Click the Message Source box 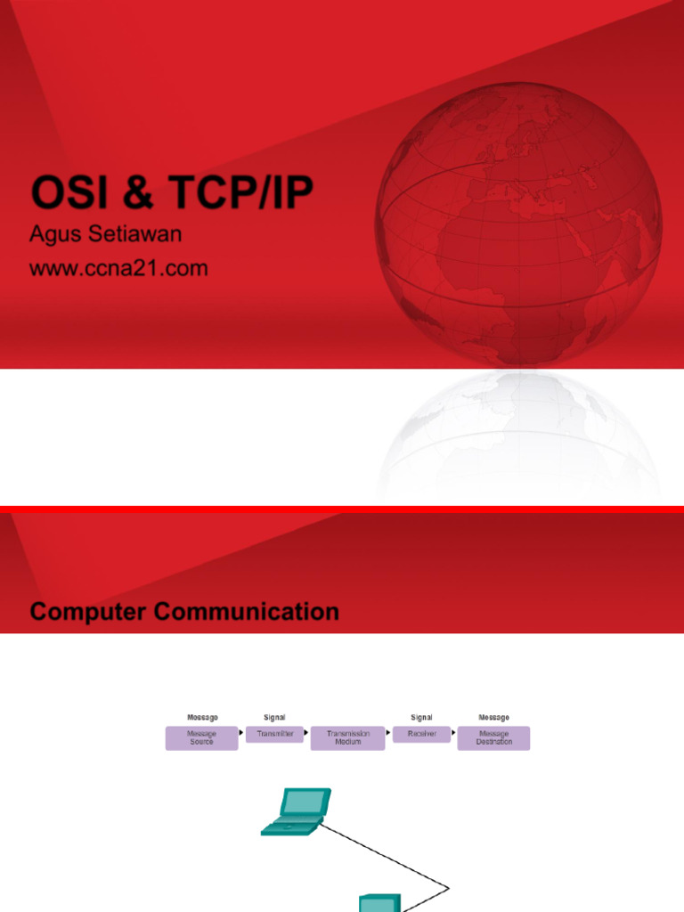coord(201,738)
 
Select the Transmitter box coord(274,734)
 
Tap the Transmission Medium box coord(347,738)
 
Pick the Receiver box coord(421,734)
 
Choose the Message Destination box coord(493,738)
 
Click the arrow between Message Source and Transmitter coord(242,733)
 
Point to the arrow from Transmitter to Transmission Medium coord(307,733)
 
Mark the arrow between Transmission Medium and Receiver coord(388,733)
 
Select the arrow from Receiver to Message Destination coord(453,733)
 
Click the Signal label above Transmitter coord(274,717)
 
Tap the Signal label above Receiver coord(421,717)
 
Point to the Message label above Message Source coord(202,717)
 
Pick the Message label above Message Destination coord(493,717)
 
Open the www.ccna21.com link coord(118,267)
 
